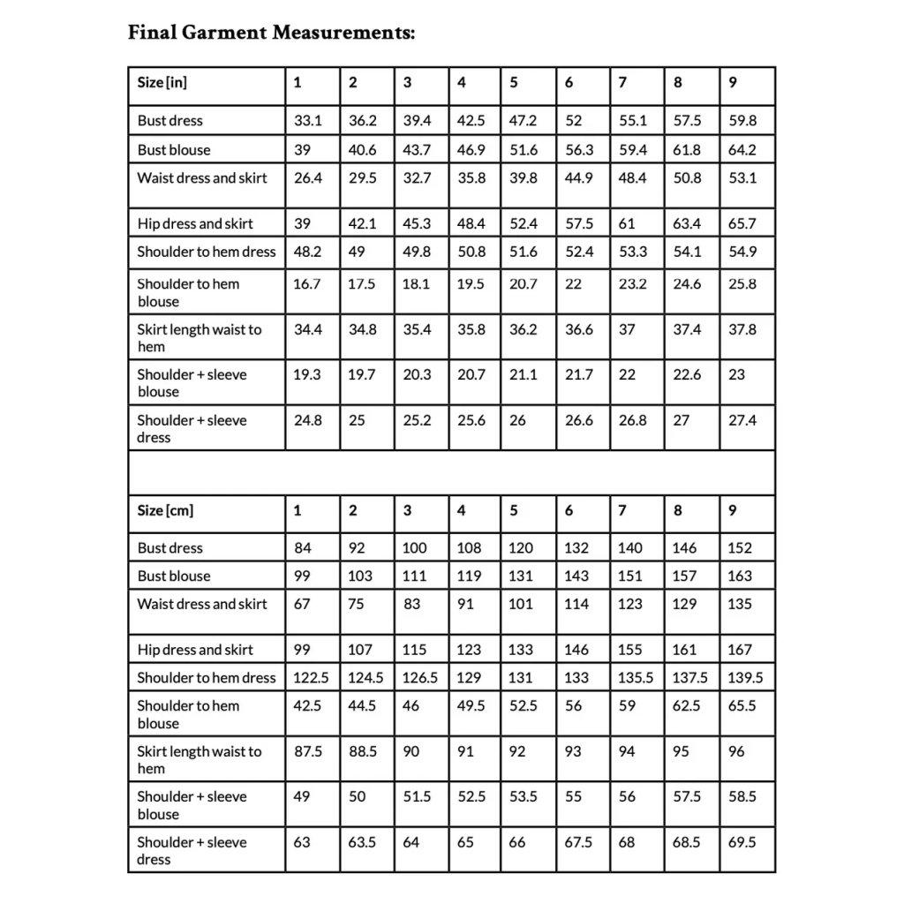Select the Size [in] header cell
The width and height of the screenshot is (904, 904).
(x=162, y=83)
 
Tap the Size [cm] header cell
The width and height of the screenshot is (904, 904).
(x=165, y=510)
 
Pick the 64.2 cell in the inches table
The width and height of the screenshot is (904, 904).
(x=742, y=150)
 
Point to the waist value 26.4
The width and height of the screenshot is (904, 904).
(x=308, y=178)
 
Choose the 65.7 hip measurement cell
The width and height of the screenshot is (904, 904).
(x=742, y=223)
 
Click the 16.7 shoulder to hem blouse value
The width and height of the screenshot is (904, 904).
(x=308, y=284)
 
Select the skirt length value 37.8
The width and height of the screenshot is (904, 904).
(x=742, y=329)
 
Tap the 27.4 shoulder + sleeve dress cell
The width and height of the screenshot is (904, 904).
(x=742, y=420)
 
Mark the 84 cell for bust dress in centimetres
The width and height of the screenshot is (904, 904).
(x=303, y=548)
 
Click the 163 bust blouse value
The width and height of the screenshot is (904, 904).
(x=740, y=576)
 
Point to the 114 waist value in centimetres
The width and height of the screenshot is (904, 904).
(x=577, y=605)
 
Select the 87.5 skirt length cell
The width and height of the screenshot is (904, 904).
(x=308, y=752)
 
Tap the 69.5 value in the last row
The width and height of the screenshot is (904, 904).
(x=742, y=842)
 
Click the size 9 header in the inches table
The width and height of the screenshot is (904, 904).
(x=733, y=83)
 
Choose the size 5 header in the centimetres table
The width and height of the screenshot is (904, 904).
(x=514, y=510)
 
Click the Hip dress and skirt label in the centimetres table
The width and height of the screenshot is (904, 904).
(x=195, y=650)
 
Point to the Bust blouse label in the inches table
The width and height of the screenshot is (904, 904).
(x=174, y=150)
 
